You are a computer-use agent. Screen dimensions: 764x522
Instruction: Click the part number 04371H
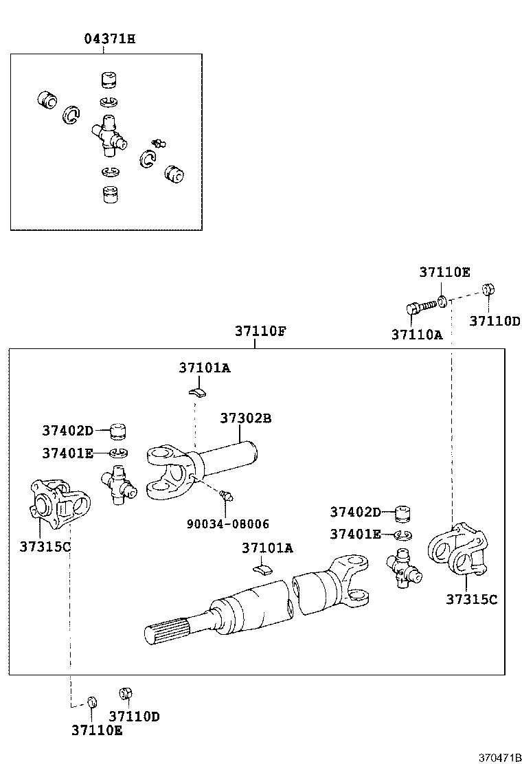pos(109,38)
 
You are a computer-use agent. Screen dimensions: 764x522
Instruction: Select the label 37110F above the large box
pos(260,330)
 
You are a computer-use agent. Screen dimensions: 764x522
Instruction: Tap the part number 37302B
pos(246,418)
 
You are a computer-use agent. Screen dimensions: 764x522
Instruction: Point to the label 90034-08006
pos(228,524)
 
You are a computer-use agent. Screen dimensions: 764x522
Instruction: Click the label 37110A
pos(417,335)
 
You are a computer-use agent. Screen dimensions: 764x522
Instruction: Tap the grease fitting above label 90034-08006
pos(225,495)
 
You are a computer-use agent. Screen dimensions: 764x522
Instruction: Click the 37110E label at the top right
pos(444,272)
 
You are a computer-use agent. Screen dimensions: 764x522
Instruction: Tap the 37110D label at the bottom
pos(135,716)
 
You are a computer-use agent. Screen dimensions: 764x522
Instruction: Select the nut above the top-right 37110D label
pos(489,289)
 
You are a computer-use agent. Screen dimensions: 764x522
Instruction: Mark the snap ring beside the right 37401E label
pos(402,535)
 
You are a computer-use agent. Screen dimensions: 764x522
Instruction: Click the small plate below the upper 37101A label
pos(198,392)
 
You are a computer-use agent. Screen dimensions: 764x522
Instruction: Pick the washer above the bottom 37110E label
pos(91,701)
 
